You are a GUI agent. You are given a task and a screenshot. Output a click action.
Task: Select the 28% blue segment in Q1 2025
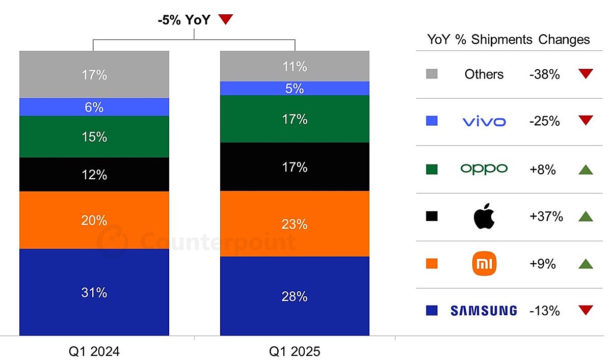point(295,296)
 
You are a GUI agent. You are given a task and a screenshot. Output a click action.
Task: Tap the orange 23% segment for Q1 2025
point(295,224)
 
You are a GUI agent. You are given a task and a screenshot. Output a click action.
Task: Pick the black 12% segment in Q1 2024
point(94,175)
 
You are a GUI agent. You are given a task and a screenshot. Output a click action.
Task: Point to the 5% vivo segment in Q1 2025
point(295,89)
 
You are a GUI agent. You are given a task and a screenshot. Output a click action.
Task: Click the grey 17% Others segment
point(94,75)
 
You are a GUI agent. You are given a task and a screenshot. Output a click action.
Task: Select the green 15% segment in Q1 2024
point(94,136)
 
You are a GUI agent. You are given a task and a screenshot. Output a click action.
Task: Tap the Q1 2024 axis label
point(94,351)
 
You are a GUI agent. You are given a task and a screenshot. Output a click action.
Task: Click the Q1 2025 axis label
point(295,351)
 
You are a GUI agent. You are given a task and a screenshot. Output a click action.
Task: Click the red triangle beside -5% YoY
point(225,20)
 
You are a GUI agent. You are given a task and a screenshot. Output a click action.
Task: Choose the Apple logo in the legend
point(484,216)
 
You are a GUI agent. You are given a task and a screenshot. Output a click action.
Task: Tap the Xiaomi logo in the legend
point(484,264)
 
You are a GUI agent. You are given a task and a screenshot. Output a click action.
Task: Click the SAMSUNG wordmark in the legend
point(484,311)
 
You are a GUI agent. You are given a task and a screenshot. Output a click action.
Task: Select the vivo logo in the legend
point(484,122)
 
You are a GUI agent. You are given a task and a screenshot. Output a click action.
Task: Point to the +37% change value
point(546,216)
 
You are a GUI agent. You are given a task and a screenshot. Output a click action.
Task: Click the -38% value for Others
point(544,74)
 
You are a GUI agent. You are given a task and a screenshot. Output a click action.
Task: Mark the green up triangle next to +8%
point(586,169)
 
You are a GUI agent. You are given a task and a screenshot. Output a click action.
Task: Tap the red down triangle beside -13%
point(586,310)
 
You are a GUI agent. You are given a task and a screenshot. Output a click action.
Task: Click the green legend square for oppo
point(432,169)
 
